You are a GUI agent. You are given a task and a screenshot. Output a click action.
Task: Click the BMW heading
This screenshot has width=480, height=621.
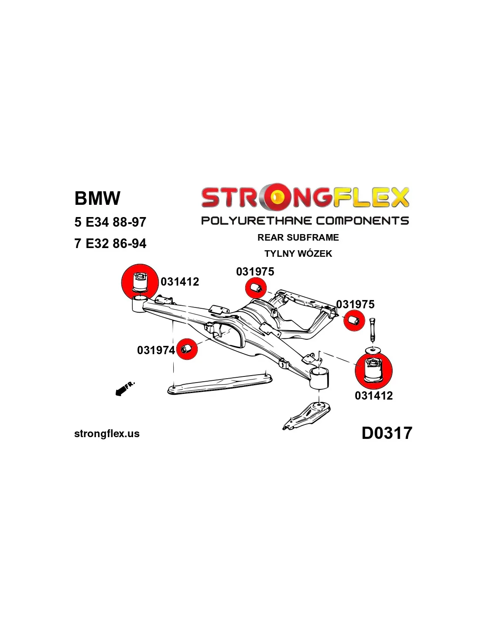97,198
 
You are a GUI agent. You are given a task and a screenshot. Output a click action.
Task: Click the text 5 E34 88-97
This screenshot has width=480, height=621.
110,222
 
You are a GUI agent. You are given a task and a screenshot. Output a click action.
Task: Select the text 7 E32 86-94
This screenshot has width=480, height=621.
110,243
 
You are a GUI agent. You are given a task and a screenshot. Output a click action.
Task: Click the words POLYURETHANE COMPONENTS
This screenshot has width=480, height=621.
305,221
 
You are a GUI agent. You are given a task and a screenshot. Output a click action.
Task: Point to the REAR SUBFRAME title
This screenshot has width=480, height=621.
298,238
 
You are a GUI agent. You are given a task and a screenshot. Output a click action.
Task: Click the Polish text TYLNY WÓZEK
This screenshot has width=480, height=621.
298,254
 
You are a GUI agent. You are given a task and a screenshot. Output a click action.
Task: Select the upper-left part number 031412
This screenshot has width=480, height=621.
180,282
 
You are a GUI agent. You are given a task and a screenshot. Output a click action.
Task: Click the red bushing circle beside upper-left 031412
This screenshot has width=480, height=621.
140,282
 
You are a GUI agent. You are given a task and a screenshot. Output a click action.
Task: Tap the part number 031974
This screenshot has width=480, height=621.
156,350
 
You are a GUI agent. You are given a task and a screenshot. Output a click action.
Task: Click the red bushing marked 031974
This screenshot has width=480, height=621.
187,349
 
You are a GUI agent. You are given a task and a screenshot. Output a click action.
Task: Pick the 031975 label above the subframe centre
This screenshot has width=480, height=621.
255,272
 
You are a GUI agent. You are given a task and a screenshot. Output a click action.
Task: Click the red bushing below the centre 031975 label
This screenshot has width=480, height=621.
256,288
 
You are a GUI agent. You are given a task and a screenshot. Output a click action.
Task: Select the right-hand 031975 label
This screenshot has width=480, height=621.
355,304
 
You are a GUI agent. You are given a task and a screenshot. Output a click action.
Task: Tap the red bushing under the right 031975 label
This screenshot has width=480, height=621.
354,321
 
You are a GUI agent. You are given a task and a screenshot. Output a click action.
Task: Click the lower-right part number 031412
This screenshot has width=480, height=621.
374,396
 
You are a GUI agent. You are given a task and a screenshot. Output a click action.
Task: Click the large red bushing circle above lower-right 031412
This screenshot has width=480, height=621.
374,370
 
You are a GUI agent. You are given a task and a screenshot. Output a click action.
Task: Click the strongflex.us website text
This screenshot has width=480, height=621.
107,434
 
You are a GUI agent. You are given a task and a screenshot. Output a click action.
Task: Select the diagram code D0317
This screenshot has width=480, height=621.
387,433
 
